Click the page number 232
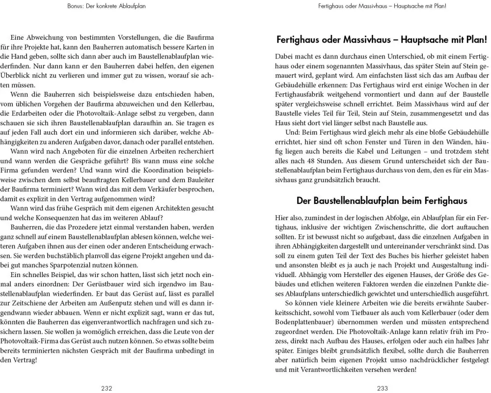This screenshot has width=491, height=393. pos(107,388)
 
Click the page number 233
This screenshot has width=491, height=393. pos(382,388)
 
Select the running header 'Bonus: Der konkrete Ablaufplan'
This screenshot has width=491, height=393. pos(107,6)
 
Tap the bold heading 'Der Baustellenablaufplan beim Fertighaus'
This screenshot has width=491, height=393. pos(382,200)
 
